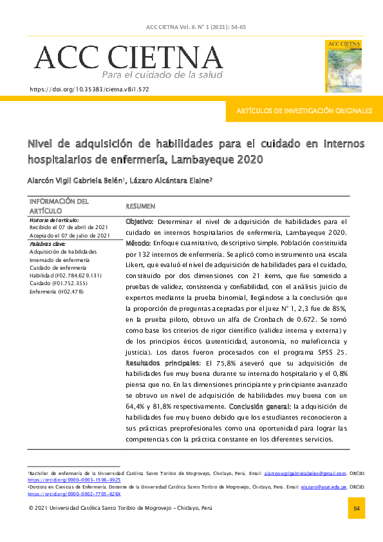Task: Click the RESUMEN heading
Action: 140,206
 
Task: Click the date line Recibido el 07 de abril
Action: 69,228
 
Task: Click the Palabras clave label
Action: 48,244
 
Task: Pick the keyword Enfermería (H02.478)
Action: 57,292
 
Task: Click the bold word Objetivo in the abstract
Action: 138,221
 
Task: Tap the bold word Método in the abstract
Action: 136,243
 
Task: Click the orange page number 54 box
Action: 356,508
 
